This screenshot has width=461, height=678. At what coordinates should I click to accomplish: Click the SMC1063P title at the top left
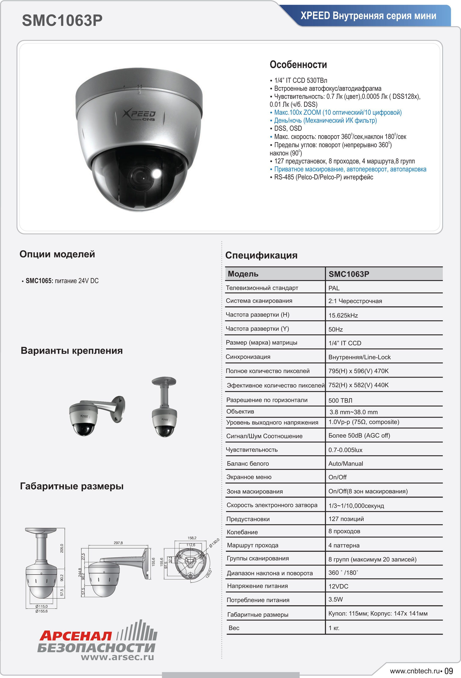62,21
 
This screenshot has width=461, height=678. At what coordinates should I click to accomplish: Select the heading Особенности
298,65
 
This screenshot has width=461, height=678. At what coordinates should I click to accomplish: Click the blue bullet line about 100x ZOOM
338,112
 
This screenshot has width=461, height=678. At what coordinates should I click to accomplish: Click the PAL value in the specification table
334,288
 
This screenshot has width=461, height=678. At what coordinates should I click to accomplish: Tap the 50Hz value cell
335,329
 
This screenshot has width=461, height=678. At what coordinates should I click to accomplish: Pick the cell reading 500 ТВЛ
340,400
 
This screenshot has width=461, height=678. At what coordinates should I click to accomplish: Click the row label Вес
234,627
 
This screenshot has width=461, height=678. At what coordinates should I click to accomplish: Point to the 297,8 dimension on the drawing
118,543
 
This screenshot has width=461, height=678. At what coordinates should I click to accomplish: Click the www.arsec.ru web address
117,657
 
